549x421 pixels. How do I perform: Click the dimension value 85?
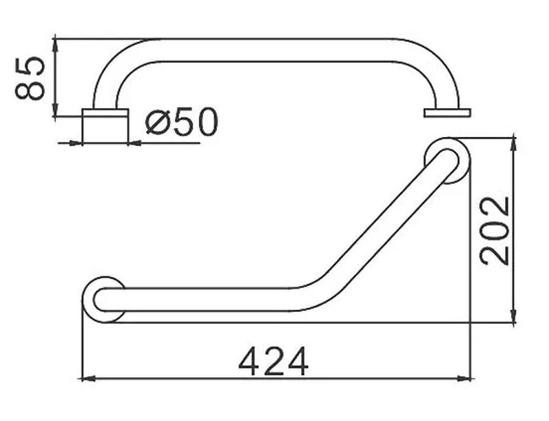(x=30, y=77)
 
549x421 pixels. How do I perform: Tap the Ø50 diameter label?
(x=182, y=121)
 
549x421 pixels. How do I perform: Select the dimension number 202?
(x=495, y=231)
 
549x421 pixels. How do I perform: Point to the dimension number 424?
(x=273, y=361)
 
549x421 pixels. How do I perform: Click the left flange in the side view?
(x=106, y=126)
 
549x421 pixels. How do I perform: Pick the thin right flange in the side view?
(x=447, y=112)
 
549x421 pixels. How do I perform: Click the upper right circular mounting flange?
(x=447, y=161)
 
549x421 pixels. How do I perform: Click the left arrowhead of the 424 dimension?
(x=88, y=378)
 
